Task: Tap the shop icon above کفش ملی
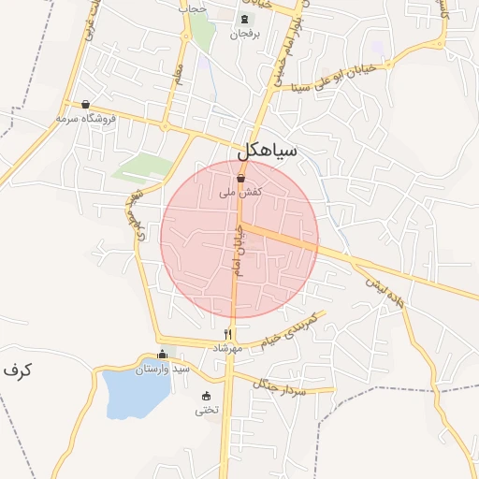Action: pos(240,178)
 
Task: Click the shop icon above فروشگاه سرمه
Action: pos(86,105)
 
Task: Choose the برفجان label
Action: pos(244,34)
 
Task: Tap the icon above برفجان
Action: pos(244,20)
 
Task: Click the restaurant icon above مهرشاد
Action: pos(228,334)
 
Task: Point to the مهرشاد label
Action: pos(228,348)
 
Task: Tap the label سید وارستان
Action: pos(163,369)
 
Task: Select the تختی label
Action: pos(207,410)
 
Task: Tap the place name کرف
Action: pos(17,370)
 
